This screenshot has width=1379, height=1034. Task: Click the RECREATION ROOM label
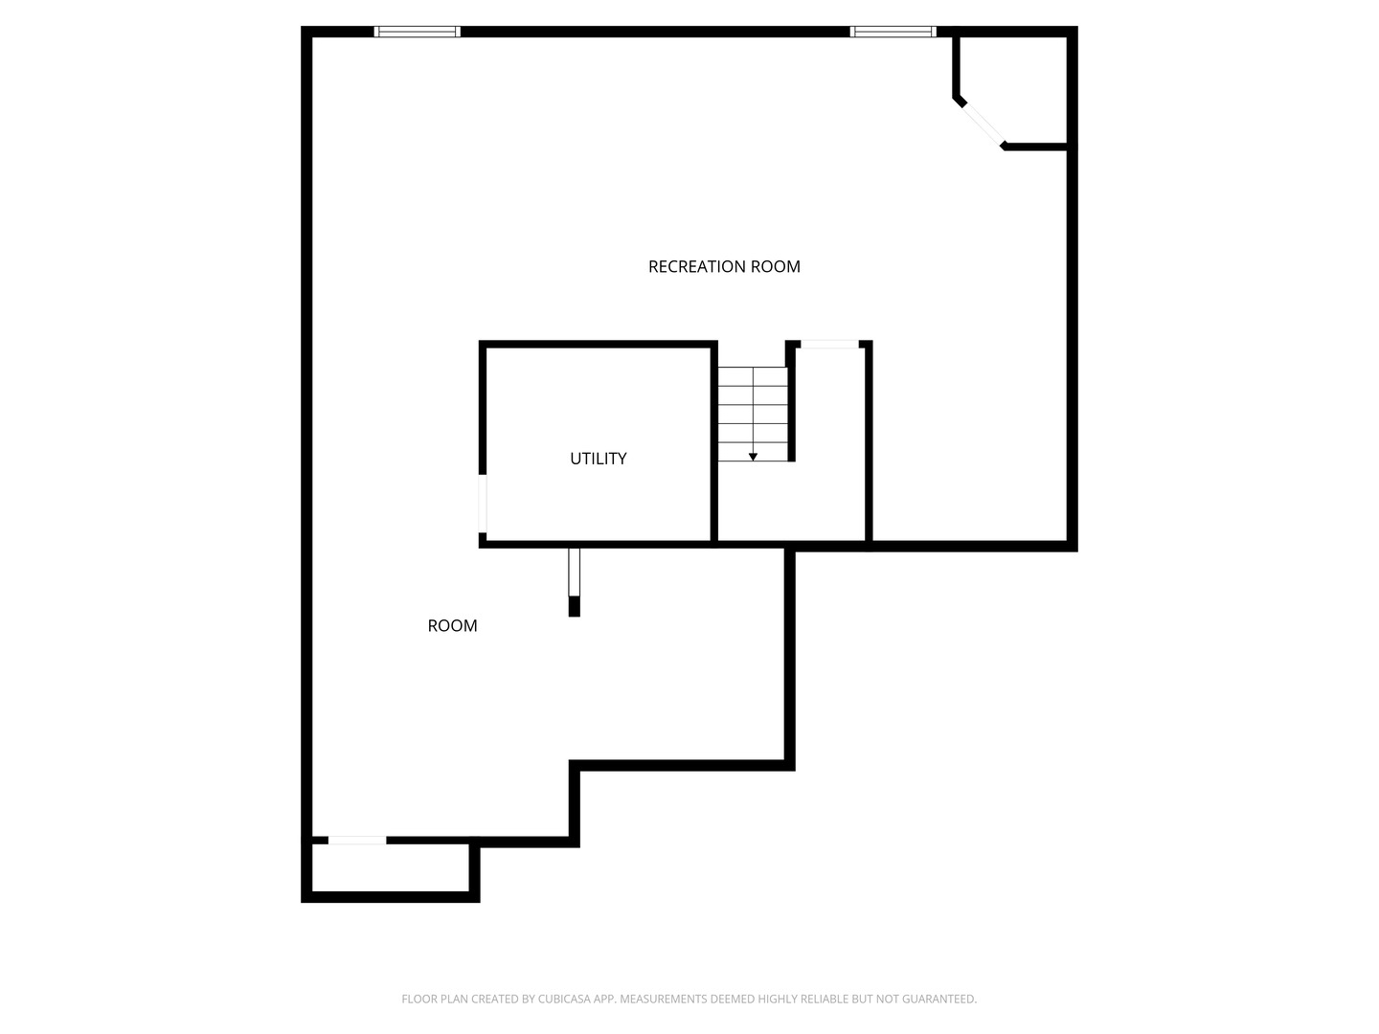coord(724,266)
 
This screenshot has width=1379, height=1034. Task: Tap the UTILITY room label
coord(599,459)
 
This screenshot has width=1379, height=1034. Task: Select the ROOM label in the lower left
coord(452,626)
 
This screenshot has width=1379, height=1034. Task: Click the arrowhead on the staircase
coord(753,457)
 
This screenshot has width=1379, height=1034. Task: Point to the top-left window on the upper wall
coord(417,32)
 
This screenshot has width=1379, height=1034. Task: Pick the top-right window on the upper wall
coord(893,32)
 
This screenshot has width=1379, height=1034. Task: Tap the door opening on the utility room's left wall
coord(483,503)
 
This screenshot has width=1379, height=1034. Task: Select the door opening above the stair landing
coord(829,344)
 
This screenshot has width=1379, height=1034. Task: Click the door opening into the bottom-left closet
coord(357,841)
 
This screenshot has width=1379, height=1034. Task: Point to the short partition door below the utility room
coord(574,572)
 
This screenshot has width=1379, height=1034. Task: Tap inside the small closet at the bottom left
coord(390,868)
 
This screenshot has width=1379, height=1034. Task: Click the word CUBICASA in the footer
coord(564,1000)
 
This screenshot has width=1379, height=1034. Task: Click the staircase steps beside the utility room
coord(753,412)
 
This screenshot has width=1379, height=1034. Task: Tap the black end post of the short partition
coord(574,606)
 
